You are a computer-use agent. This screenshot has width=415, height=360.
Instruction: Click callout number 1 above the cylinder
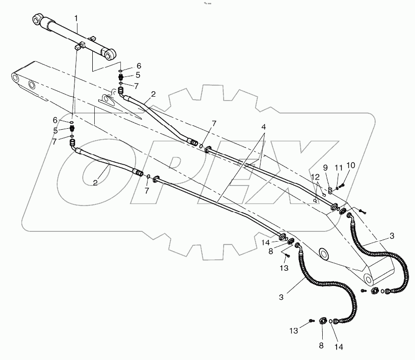[x=76, y=18]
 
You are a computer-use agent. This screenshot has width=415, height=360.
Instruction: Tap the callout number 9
[x=325, y=167]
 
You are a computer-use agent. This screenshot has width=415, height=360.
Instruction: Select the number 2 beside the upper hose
[x=153, y=94]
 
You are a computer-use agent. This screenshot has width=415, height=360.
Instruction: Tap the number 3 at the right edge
[x=392, y=236]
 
